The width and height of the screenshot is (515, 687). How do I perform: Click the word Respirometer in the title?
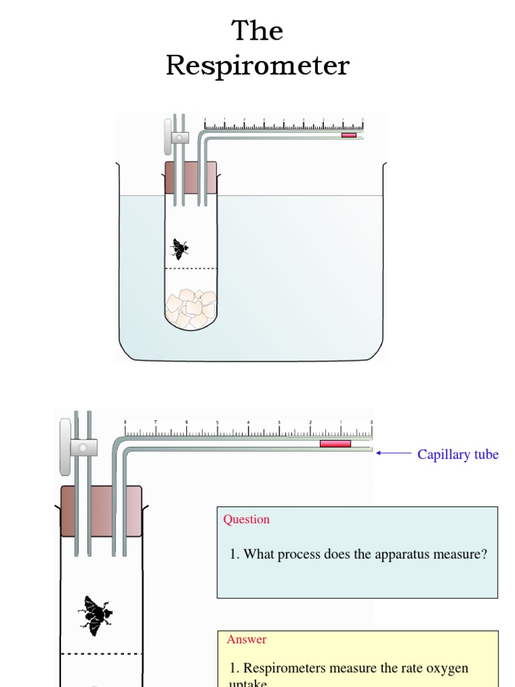[x=257, y=66]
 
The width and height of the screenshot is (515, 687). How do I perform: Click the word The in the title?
[x=257, y=31]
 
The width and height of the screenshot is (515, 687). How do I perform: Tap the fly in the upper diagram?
[x=179, y=249]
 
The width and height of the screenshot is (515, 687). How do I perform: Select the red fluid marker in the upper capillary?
[x=349, y=136]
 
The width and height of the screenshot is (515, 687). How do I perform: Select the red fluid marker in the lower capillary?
[x=335, y=443]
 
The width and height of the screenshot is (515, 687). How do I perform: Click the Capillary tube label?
[x=458, y=454]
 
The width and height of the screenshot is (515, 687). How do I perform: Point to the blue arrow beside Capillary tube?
[x=394, y=453]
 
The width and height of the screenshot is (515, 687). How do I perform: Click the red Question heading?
[x=246, y=519]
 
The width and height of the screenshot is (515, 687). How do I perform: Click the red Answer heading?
[x=246, y=639]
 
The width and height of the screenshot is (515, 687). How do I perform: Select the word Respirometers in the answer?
[x=284, y=668]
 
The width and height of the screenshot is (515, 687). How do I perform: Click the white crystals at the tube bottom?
[x=191, y=309]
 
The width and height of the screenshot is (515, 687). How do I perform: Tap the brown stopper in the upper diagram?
[x=191, y=178]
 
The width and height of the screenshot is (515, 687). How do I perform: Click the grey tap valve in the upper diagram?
[x=168, y=137]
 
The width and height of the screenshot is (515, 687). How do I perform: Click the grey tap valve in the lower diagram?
[x=66, y=446]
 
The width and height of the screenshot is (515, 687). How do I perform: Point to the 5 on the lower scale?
[x=217, y=423]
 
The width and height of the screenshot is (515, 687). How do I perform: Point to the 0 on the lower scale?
[x=371, y=423]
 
